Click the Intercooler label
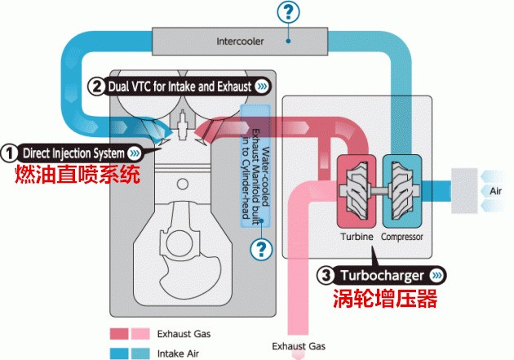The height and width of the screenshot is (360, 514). tap(239, 41)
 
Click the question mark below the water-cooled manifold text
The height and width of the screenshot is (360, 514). tap(261, 248)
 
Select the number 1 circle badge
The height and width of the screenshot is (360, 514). tap(10, 153)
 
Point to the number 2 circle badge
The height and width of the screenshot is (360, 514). tap(95, 85)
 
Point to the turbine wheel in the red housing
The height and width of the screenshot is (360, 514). tap(357, 189)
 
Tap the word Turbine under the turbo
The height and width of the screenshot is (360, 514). tap(357, 236)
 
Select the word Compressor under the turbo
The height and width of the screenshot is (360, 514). tap(403, 236)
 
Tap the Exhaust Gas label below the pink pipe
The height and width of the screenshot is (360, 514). tap(295, 346)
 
